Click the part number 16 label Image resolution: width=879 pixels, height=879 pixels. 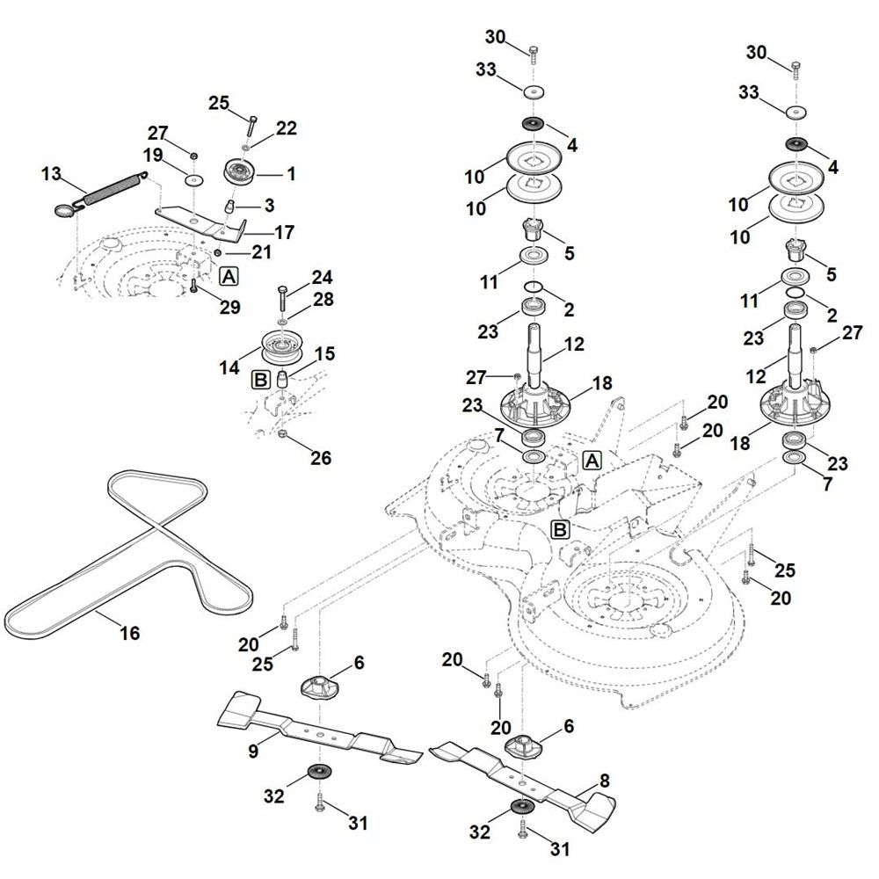pos(129,633)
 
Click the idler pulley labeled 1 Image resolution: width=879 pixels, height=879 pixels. pos(239,171)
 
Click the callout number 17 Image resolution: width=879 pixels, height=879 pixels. pos(284,233)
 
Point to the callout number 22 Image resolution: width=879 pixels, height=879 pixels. pos(287,128)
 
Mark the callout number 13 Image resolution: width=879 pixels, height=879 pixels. pos(52,173)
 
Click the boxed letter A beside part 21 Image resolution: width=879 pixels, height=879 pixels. pos(229,276)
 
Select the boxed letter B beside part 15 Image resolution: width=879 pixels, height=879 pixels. pos(260,379)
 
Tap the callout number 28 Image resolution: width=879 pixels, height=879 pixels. pos(323,300)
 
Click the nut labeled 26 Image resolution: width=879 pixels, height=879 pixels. pos(281,434)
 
